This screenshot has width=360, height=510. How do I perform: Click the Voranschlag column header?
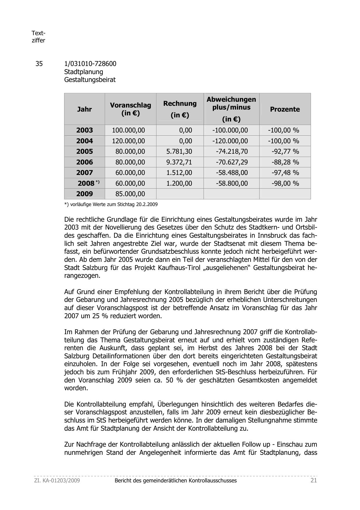(x=130, y=109)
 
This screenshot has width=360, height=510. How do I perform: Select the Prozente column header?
(x=285, y=109)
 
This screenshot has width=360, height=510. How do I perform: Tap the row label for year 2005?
(x=84, y=151)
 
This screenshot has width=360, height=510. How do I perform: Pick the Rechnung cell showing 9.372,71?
(x=179, y=162)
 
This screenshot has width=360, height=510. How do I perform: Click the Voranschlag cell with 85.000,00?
(x=130, y=194)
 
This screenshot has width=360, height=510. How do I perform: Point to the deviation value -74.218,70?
(x=232, y=151)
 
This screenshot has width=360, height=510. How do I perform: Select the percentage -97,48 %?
(x=285, y=173)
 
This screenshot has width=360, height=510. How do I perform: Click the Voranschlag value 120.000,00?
(x=128, y=141)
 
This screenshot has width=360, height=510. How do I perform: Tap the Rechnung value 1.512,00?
(x=179, y=173)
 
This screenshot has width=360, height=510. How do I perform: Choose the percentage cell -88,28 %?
(x=285, y=162)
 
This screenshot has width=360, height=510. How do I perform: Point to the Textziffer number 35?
(x=39, y=64)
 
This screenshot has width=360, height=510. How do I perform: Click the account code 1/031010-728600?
(x=90, y=64)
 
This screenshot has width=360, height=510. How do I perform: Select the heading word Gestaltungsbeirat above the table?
(x=90, y=80)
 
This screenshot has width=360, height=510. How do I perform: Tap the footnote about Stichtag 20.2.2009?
(x=111, y=204)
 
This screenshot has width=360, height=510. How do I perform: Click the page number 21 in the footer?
(x=314, y=480)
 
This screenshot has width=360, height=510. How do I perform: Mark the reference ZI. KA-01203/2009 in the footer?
(x=57, y=480)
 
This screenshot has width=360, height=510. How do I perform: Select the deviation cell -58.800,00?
(x=232, y=183)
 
